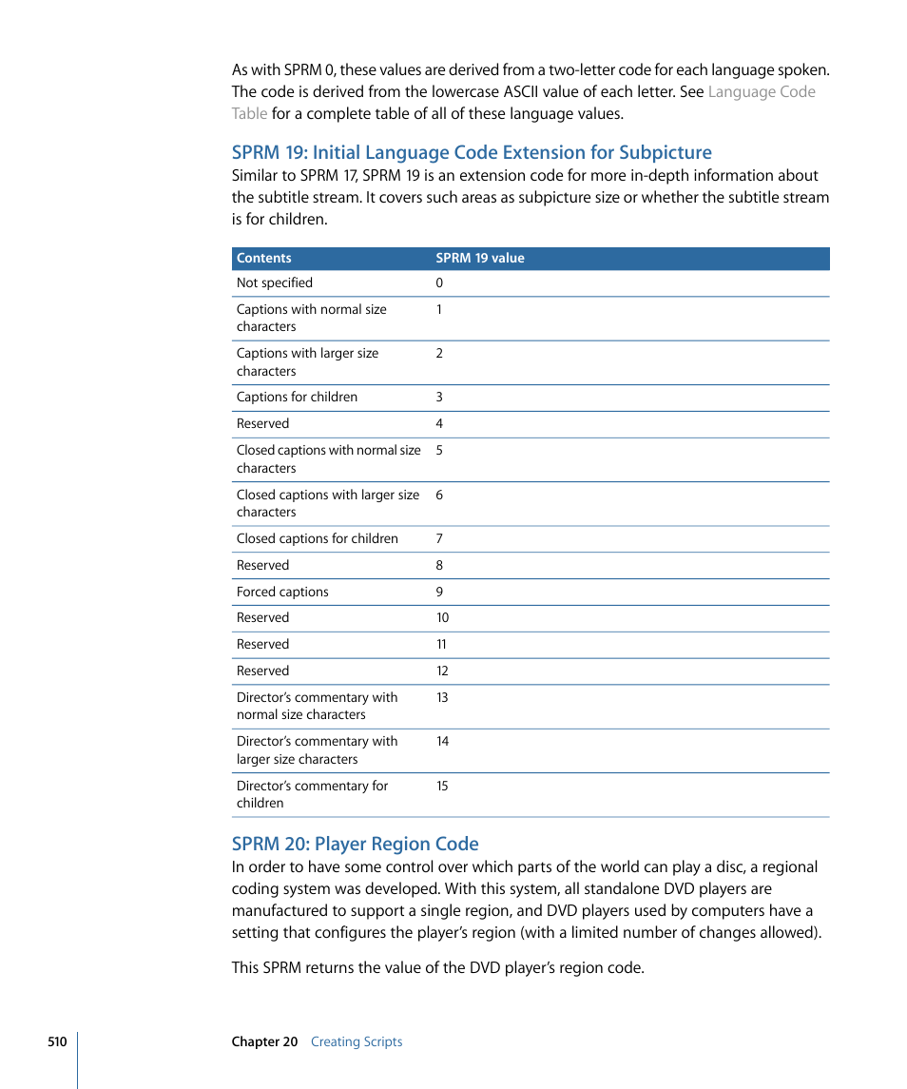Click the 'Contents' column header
pyautogui.click(x=263, y=258)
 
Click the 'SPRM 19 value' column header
pyautogui.click(x=479, y=258)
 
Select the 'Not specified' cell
pyautogui.click(x=274, y=282)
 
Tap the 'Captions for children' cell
pyautogui.click(x=297, y=397)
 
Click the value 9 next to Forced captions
pyautogui.click(x=439, y=592)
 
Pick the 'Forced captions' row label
pyautogui.click(x=282, y=592)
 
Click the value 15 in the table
pyautogui.click(x=442, y=786)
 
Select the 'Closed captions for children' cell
pyautogui.click(x=317, y=538)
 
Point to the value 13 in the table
pyautogui.click(x=442, y=697)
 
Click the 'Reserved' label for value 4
pyautogui.click(x=262, y=423)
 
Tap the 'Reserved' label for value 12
pyautogui.click(x=262, y=671)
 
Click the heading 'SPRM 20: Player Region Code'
pyautogui.click(x=355, y=844)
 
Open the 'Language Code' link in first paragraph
pyautogui.click(x=762, y=92)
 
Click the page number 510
pyautogui.click(x=57, y=1041)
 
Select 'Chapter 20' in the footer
pyautogui.click(x=264, y=1041)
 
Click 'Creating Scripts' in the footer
pyautogui.click(x=357, y=1041)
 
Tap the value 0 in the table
pyautogui.click(x=439, y=282)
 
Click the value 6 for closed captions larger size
pyautogui.click(x=439, y=495)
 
